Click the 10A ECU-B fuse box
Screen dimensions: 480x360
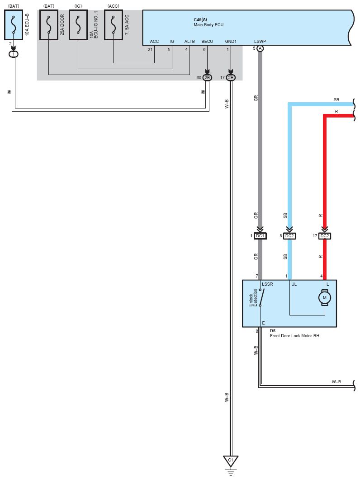(14, 25)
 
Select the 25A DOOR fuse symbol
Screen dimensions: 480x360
(48, 25)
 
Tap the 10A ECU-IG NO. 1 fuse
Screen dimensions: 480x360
(78, 25)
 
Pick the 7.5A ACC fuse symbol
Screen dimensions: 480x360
(113, 25)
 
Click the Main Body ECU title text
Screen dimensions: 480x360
(208, 25)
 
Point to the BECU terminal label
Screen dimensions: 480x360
(207, 42)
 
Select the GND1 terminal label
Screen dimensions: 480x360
(231, 42)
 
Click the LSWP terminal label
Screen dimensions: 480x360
(260, 42)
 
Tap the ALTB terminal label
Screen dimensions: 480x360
(189, 42)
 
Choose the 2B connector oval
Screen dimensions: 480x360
(207, 78)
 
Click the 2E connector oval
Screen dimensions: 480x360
(231, 78)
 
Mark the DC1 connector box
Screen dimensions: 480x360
(260, 236)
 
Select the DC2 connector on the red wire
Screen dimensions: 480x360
(325, 236)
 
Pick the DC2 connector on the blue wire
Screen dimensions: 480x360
(290, 236)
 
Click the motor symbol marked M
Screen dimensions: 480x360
(324, 297)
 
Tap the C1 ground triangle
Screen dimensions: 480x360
(231, 461)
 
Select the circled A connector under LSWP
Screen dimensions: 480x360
(260, 49)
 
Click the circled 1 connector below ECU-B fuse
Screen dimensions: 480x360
(14, 54)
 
